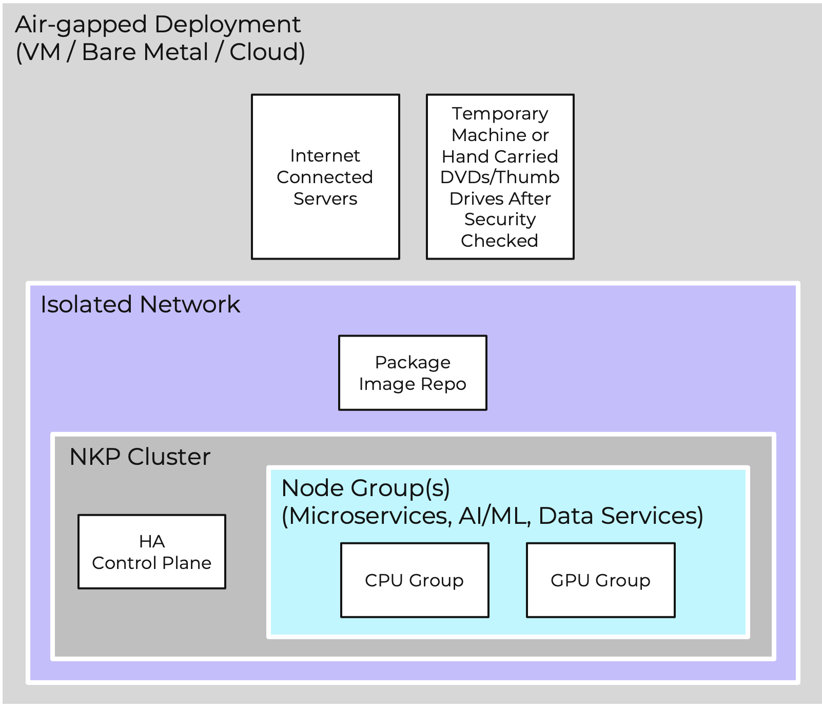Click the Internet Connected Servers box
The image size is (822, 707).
pos(325,176)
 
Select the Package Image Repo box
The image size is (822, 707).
pos(413,373)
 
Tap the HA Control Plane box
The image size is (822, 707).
pos(152,552)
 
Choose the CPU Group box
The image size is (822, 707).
pos(415,580)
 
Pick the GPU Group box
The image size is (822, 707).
pos(600,580)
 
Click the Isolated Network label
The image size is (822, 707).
pos(140,304)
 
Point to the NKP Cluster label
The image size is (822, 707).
pos(140,457)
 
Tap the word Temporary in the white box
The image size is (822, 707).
pos(500,113)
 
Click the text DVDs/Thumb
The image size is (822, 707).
pos(500,177)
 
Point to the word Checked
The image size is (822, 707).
pos(499,241)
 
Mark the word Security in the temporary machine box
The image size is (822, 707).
pos(500,219)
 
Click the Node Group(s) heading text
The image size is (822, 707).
pos(366,488)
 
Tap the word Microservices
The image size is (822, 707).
pos(367,516)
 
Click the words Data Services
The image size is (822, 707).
pos(620,516)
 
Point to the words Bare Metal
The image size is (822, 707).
pos(145,52)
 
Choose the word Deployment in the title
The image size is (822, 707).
pos(227,25)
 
